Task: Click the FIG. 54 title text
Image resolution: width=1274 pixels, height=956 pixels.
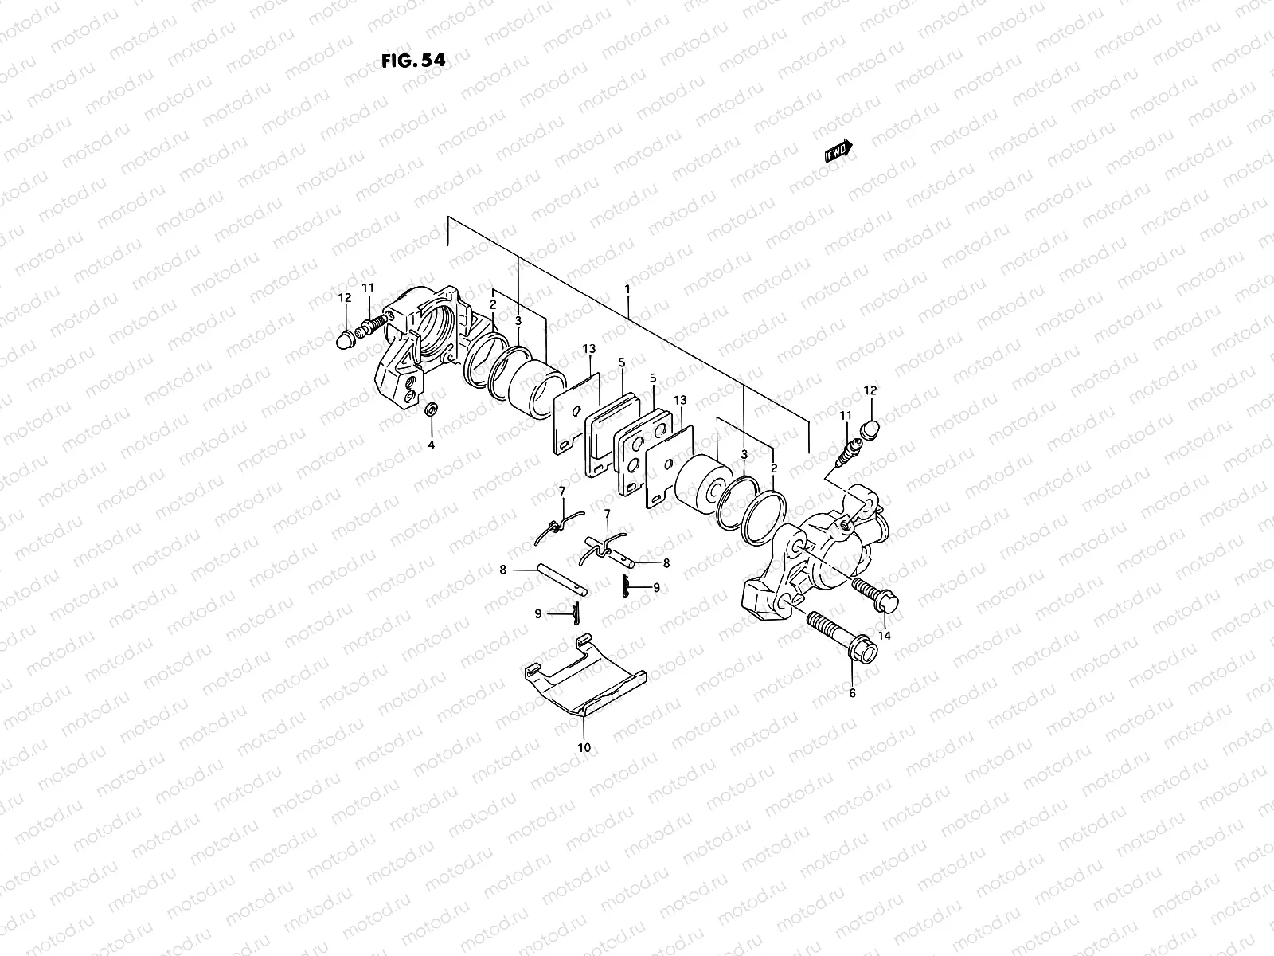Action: click(x=412, y=61)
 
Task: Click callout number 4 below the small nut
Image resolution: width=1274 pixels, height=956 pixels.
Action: click(x=432, y=445)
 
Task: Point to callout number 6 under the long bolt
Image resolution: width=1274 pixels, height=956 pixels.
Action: click(x=852, y=693)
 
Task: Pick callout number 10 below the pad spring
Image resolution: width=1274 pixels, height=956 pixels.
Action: click(x=584, y=747)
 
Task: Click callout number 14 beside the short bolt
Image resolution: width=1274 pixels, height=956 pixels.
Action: click(x=885, y=635)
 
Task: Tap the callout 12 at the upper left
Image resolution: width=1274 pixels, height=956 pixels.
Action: click(x=344, y=297)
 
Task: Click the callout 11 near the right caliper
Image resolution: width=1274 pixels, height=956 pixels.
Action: click(x=845, y=416)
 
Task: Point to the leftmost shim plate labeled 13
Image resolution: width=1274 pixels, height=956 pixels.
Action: click(x=576, y=414)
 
